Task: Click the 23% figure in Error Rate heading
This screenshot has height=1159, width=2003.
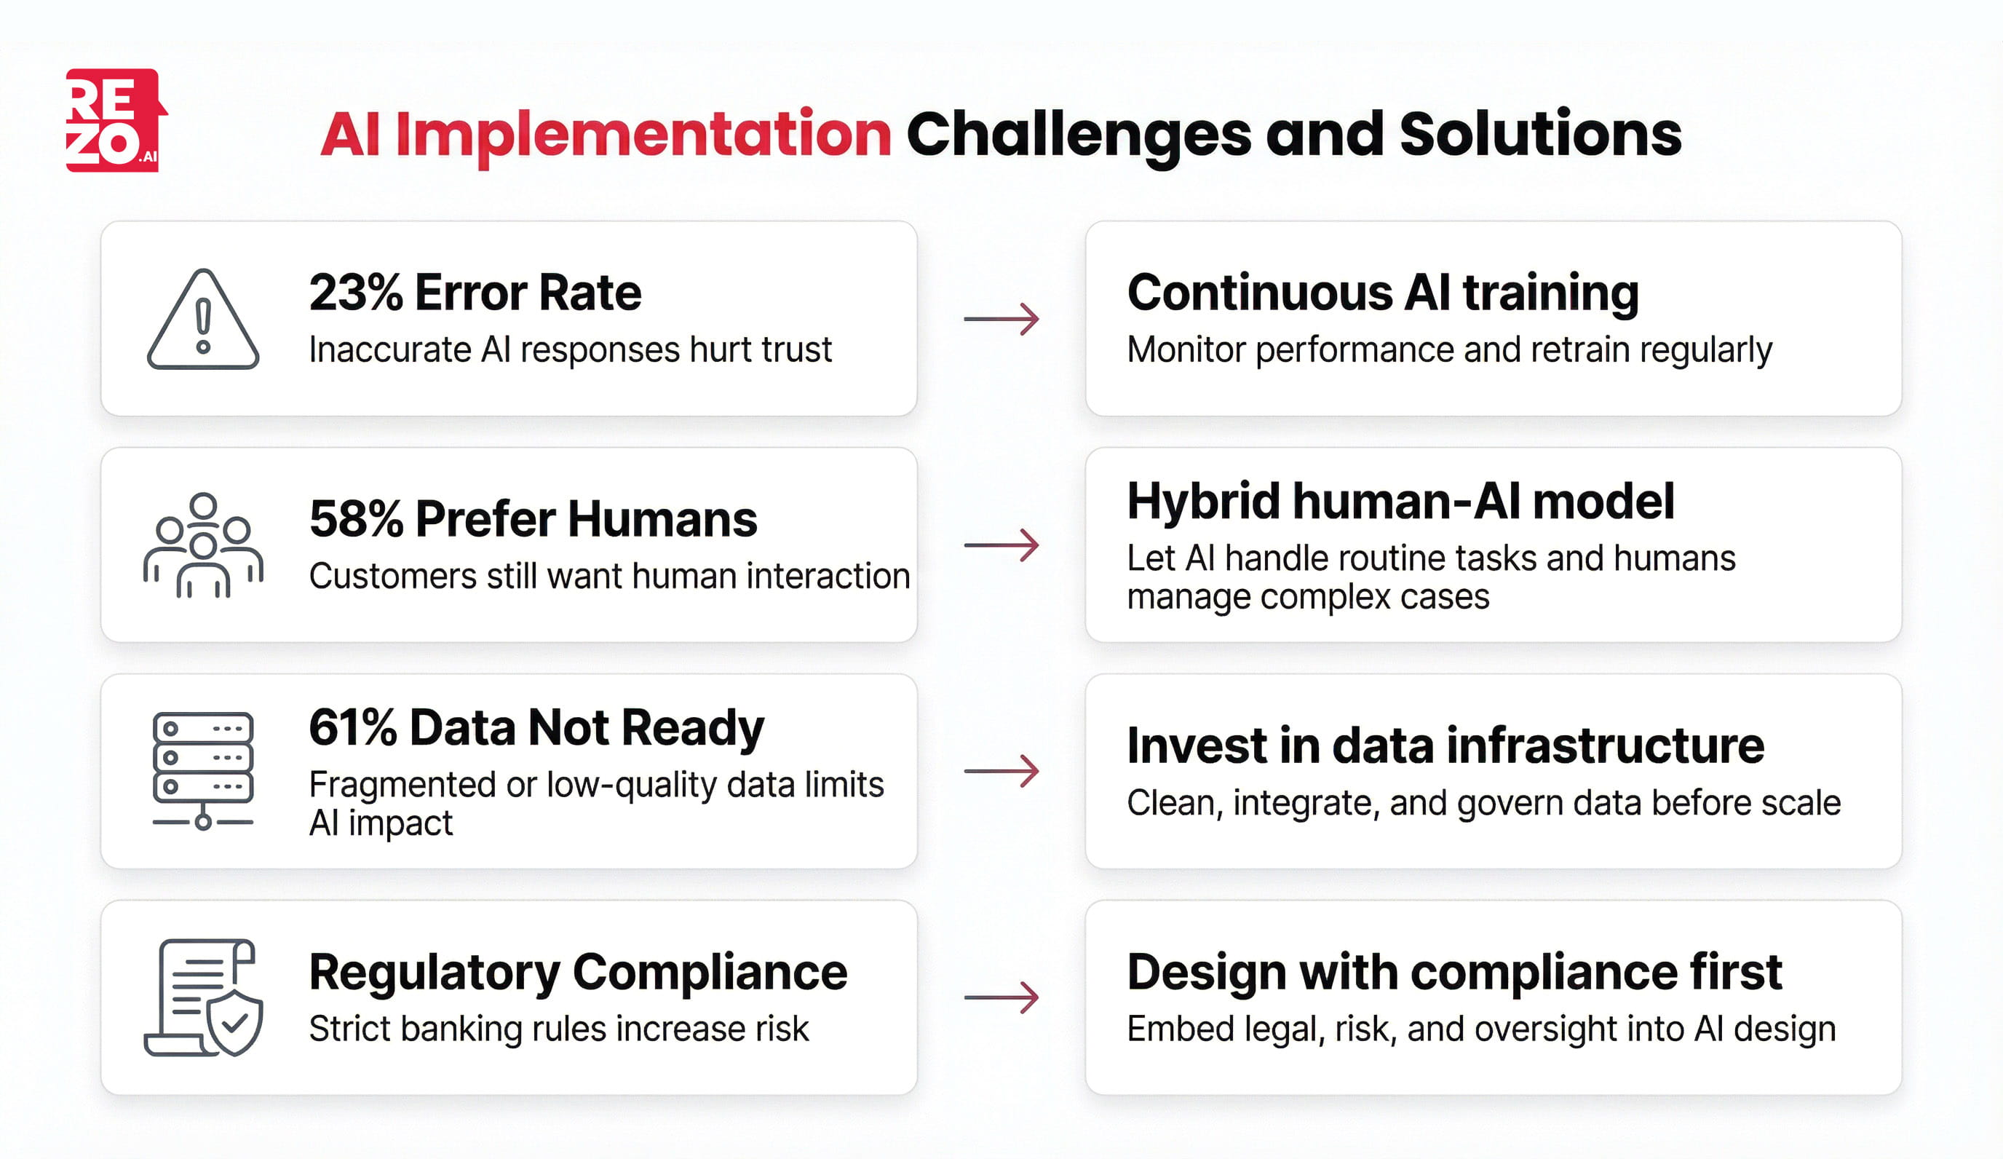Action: coord(355,293)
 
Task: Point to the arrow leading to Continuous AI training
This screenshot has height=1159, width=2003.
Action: coord(1001,319)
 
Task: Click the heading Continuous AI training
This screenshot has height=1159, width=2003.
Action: coord(1382,293)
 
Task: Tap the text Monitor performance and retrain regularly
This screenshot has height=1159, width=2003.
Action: coord(1448,349)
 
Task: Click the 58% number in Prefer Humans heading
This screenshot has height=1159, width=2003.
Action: coord(355,519)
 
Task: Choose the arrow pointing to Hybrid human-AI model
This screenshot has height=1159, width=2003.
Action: coord(1001,545)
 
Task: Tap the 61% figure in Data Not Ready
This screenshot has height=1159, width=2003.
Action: coord(352,727)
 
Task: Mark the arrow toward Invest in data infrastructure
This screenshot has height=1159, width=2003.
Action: coord(1001,771)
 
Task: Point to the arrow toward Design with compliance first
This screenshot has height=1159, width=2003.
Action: coord(1001,997)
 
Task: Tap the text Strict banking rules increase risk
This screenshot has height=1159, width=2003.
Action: coord(558,1029)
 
